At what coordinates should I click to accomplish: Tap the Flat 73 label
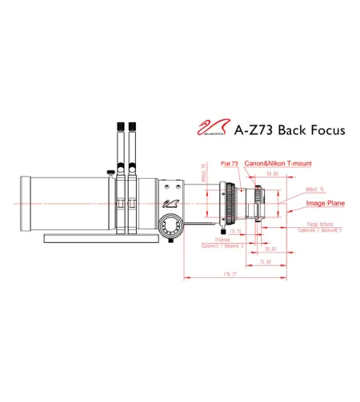pyautogui.click(x=230, y=163)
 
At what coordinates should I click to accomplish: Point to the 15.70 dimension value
pyautogui.click(x=236, y=231)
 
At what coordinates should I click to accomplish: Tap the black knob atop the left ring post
pyautogui.click(x=118, y=128)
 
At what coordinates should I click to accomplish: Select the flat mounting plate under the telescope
pyautogui.click(x=104, y=237)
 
